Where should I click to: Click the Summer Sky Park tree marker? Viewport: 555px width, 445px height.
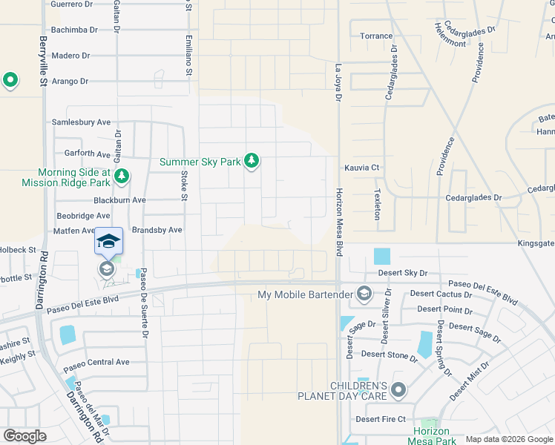252,161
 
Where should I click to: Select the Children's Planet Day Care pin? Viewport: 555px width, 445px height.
398,389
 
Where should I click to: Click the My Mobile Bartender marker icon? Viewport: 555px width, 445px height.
364,294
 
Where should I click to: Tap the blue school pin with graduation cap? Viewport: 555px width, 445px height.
108,242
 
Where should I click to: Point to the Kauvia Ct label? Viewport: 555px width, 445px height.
361,168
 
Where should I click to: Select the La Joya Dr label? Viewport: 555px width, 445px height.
338,78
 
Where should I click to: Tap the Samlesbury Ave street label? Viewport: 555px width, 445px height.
81,122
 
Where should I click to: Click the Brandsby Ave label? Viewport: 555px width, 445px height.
157,230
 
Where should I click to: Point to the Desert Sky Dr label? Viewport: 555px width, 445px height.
404,274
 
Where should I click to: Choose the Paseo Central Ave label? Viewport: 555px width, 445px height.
96,362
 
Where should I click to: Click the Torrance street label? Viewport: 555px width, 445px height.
376,36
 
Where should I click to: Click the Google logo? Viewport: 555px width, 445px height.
24,436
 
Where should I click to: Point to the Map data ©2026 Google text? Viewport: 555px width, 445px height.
508,439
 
